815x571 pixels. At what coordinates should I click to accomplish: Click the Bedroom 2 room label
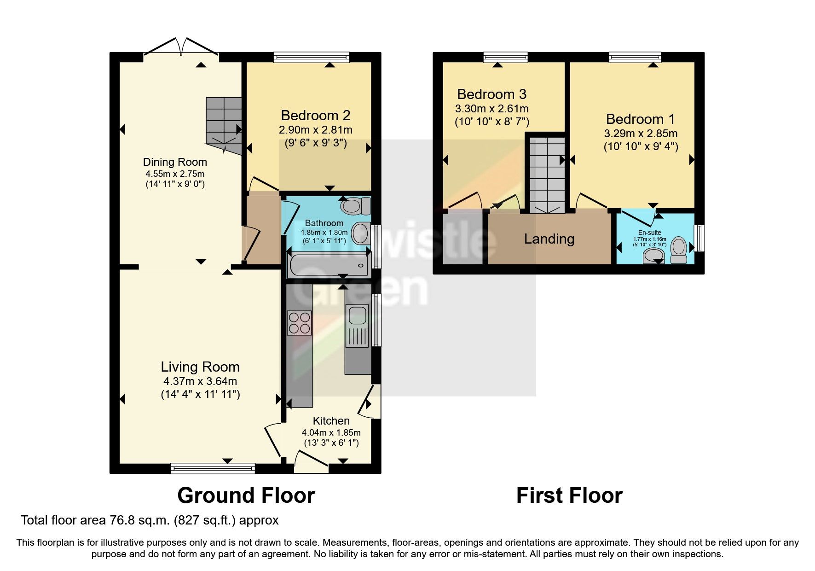316,115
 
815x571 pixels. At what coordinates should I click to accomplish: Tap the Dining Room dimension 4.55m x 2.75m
175,174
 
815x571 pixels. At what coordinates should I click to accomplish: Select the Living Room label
200,367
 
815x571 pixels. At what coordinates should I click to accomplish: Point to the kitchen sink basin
358,316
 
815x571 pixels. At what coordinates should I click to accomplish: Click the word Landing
549,239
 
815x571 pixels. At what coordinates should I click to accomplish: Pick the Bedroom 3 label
491,94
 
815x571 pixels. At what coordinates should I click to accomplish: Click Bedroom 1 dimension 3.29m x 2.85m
641,134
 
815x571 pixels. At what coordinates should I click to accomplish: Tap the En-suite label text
649,233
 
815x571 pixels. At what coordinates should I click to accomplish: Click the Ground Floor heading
246,496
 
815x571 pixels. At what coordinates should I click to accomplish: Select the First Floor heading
569,496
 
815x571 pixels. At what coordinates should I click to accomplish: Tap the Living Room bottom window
212,468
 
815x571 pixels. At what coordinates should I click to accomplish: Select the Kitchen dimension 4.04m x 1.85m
331,433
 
